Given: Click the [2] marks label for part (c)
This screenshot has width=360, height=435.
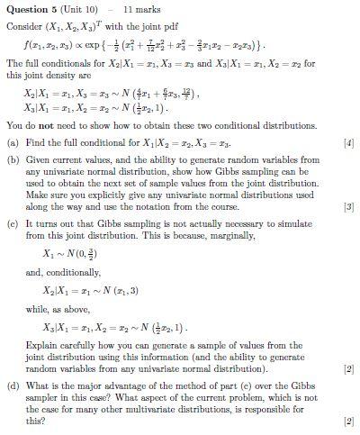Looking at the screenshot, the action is (349, 369).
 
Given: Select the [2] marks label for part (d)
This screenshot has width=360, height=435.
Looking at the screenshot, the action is (349, 421).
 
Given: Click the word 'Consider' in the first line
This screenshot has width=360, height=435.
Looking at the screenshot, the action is (22, 27).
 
